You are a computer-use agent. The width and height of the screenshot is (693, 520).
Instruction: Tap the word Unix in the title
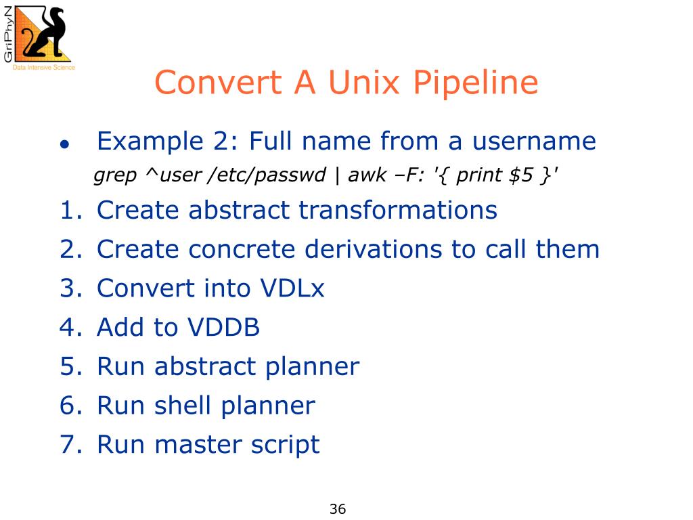tap(363, 83)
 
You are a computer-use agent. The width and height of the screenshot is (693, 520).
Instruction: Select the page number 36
tap(338, 509)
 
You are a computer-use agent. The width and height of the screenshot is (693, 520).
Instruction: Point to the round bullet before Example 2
tap(64, 144)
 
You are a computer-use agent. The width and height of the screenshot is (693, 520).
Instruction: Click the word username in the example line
tap(534, 142)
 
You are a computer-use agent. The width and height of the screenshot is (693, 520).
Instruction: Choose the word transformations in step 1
tap(398, 211)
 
